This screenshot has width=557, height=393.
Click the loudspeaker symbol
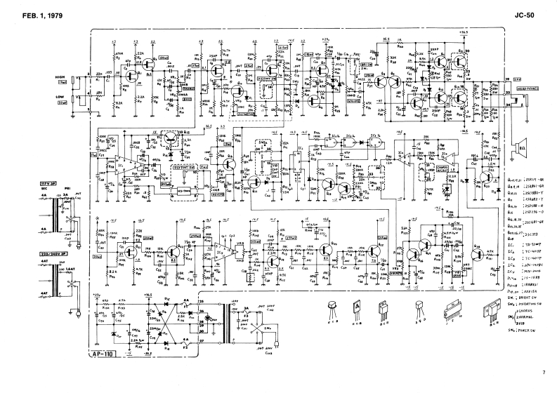(x=520, y=149)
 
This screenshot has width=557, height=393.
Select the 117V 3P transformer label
(x=58, y=183)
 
